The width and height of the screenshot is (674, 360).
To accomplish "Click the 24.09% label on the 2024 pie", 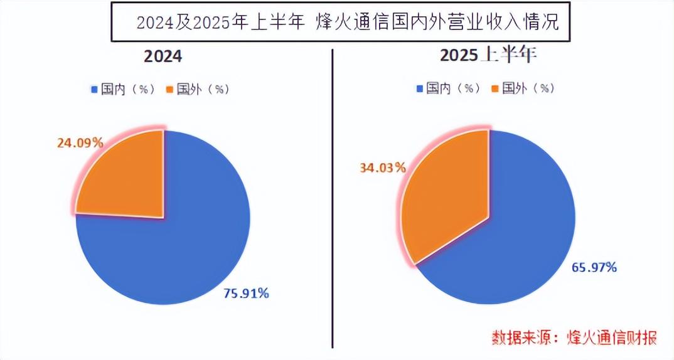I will (x=80, y=142).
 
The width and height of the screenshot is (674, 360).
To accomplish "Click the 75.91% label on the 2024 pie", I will (x=246, y=293).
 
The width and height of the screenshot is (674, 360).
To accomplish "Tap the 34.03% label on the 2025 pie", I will (x=382, y=167).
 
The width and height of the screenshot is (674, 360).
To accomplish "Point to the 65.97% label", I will (x=594, y=267).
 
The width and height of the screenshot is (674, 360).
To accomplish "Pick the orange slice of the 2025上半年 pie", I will (x=446, y=194).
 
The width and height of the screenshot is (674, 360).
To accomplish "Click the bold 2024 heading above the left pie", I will (x=163, y=56).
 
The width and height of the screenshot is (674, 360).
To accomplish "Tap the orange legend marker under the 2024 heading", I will (x=169, y=89).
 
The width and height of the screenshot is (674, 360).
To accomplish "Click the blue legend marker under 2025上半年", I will (x=419, y=88).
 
